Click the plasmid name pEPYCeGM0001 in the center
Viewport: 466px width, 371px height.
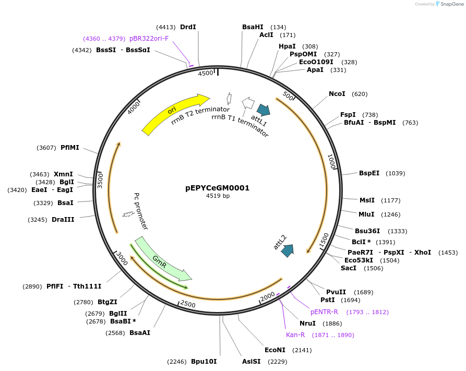click(218, 188)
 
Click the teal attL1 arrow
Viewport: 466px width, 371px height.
click(264, 110)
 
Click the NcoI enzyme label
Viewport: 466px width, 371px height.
click(337, 94)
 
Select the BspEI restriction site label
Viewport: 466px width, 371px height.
click(369, 173)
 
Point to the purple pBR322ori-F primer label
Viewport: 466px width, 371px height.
click(149, 39)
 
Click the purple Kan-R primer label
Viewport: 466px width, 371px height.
click(295, 335)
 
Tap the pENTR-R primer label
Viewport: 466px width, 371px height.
click(324, 312)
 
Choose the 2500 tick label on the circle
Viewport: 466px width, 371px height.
click(187, 304)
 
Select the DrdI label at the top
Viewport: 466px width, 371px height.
click(188, 27)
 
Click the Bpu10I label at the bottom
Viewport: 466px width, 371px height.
click(204, 361)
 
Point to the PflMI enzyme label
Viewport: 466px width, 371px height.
click(70, 148)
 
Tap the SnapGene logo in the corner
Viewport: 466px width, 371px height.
click(449, 4)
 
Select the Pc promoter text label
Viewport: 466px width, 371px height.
click(141, 211)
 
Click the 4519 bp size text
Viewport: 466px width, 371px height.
click(218, 196)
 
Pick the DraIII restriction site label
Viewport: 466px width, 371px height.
click(63, 220)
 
